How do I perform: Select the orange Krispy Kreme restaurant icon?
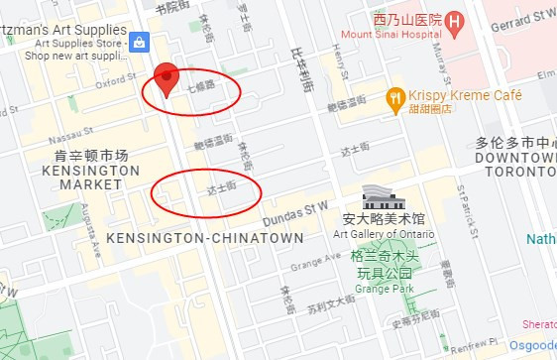(x=395, y=97)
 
